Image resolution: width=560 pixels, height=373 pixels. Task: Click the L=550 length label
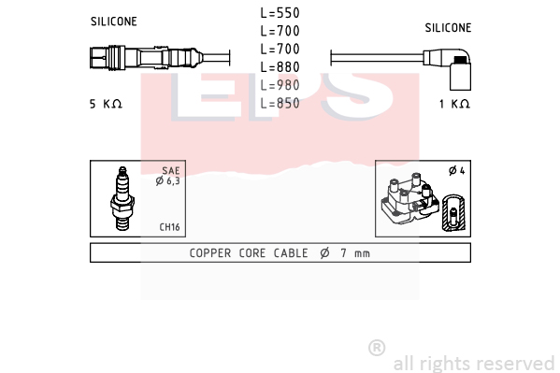280,13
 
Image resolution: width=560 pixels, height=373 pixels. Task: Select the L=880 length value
280,67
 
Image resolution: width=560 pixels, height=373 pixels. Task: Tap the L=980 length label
280,85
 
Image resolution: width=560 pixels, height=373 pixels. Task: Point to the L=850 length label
280,103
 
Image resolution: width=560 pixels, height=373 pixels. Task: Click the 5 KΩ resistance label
106,104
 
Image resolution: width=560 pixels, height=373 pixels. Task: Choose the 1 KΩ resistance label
454,104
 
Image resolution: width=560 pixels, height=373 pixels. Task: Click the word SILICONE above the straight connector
113,22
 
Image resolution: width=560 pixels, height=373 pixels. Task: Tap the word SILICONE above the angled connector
448,27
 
